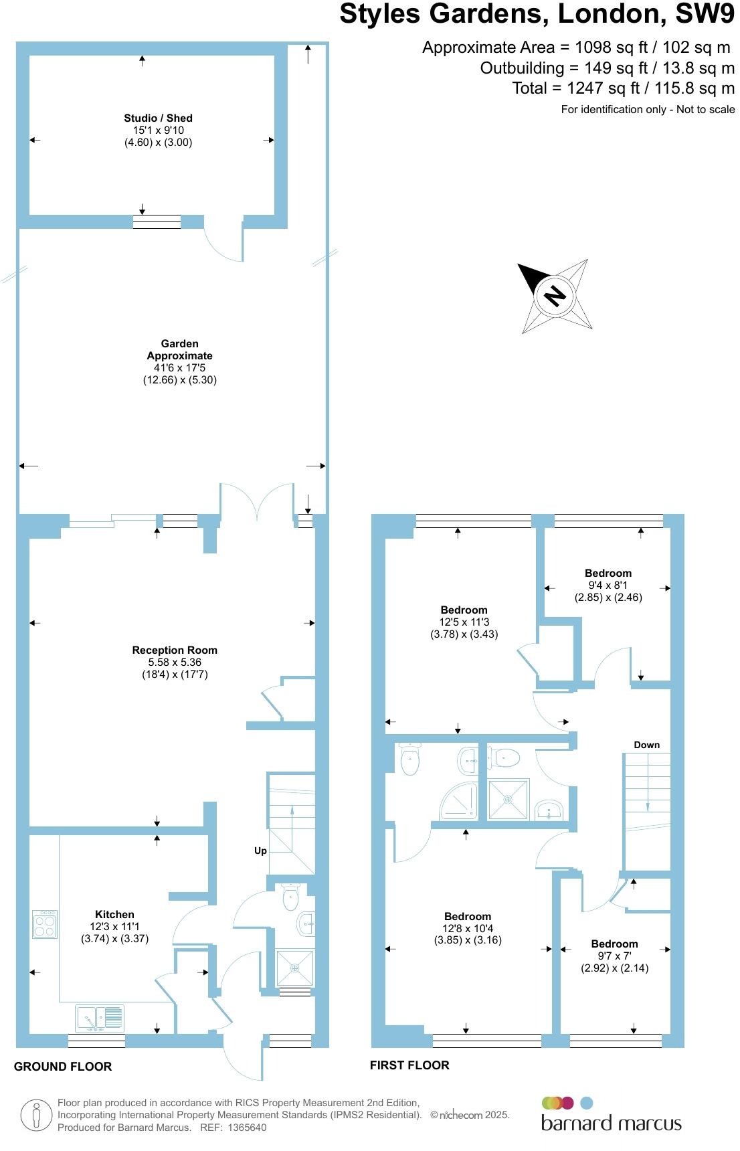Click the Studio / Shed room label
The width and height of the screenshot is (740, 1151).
[x=158, y=118]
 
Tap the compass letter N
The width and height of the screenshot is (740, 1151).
[x=554, y=294]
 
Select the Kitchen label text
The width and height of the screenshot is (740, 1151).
[x=114, y=914]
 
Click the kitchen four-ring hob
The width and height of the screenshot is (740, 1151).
[x=45, y=924]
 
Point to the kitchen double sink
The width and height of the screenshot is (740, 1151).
[x=100, y=1018]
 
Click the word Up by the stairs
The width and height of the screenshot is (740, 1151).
[x=260, y=851]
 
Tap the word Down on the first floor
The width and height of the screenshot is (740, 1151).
[x=646, y=745]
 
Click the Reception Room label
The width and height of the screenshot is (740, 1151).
[x=175, y=650]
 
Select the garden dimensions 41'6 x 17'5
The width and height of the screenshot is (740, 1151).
[x=179, y=368]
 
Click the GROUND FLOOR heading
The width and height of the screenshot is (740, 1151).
[x=63, y=1067]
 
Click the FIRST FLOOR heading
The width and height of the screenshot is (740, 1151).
[x=409, y=1065]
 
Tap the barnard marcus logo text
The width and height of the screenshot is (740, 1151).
[x=611, y=1123]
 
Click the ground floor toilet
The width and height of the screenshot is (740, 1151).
[x=290, y=897]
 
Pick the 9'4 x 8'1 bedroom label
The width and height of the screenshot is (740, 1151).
[x=608, y=573]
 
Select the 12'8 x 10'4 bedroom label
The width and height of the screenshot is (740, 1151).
[x=468, y=917]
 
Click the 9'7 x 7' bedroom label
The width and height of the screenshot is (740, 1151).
[x=614, y=944]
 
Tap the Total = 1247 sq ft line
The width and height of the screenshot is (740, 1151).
[x=623, y=88]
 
